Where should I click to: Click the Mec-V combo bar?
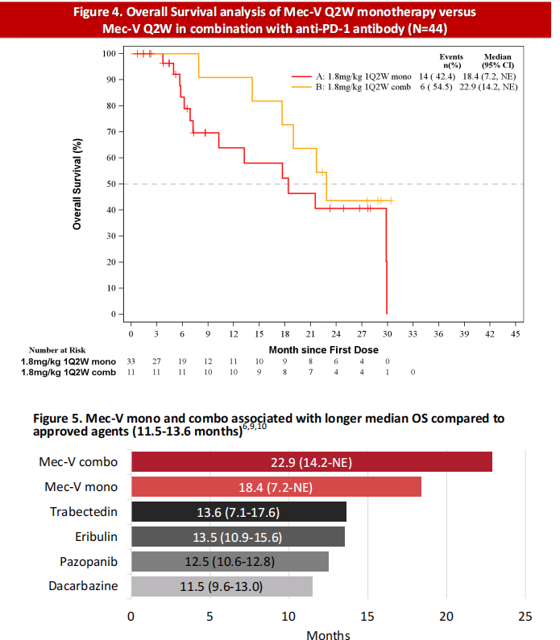(311, 462)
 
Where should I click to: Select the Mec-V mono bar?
(276, 487)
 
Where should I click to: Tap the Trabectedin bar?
(239, 512)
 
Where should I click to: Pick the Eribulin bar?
(238, 537)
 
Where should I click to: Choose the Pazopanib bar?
(230, 561)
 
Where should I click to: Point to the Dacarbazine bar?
(222, 586)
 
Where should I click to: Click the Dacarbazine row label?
(82, 586)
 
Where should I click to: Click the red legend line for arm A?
(302, 75)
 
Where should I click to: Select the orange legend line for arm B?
(302, 85)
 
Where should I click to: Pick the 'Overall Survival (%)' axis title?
(77, 184)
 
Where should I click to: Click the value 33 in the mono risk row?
(131, 361)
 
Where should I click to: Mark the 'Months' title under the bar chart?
(328, 634)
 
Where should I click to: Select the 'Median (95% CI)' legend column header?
(496, 60)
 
